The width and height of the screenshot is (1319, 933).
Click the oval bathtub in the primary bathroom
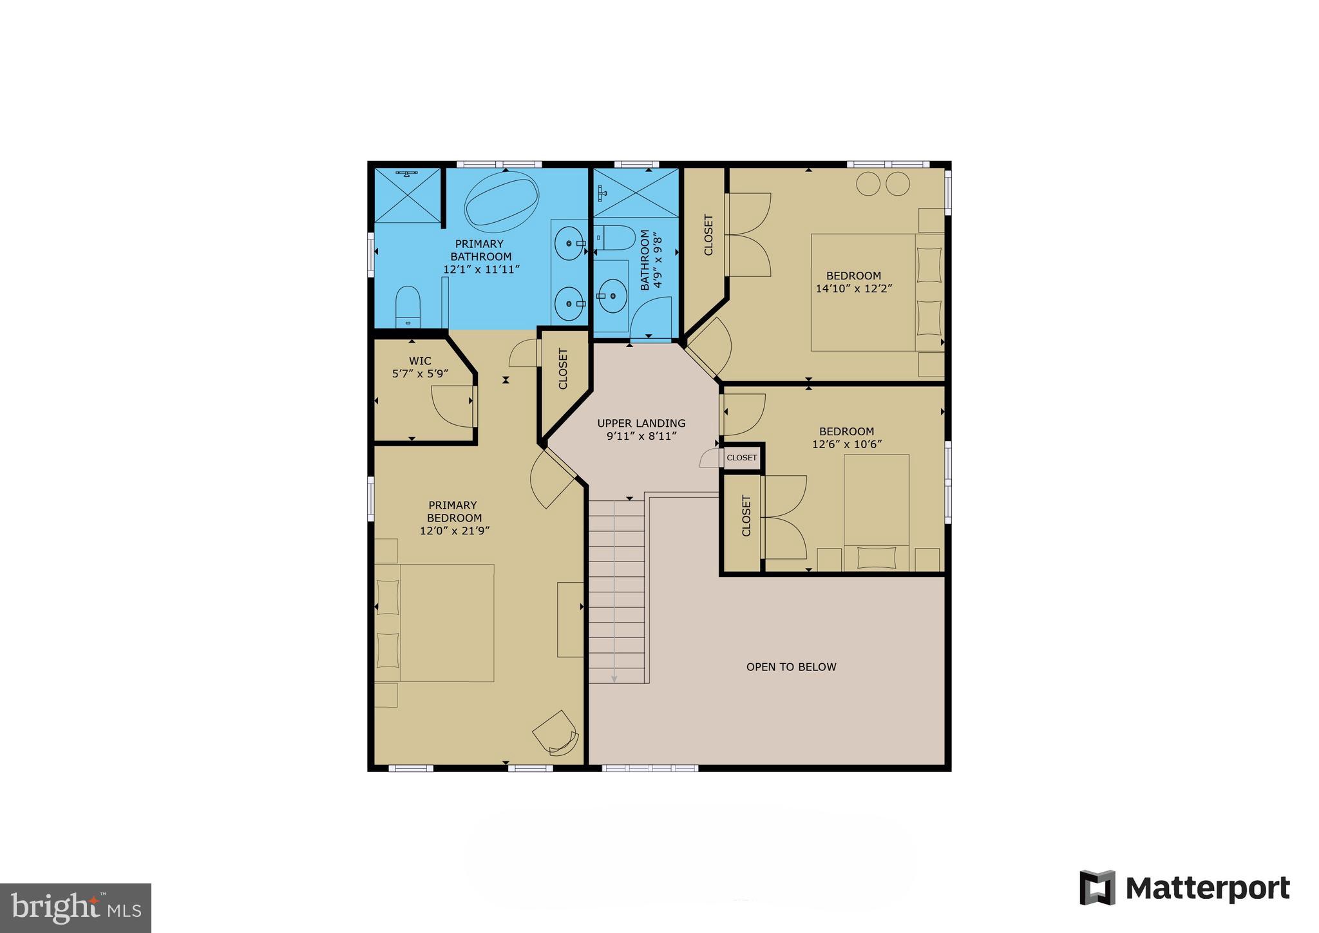[502, 201]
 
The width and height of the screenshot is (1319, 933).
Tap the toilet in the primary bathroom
[408, 307]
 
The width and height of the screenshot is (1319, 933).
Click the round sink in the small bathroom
[612, 296]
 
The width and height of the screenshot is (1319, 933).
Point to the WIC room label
[420, 361]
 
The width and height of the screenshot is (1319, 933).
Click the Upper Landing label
[641, 424]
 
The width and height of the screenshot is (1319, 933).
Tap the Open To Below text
[791, 667]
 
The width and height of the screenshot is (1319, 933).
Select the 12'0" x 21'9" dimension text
[455, 531]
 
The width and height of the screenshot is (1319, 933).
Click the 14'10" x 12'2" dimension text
[853, 289]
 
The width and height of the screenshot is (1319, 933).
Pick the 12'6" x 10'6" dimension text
[846, 444]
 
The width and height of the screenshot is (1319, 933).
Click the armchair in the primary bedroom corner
[556, 733]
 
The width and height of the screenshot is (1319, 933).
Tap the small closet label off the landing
[741, 458]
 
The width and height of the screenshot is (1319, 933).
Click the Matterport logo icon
[1097, 887]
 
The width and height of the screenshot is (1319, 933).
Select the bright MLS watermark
[75, 908]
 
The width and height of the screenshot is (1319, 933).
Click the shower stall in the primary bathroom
[408, 195]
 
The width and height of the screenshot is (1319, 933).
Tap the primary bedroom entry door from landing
[551, 478]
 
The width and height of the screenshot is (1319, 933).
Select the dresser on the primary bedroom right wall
[570, 619]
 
